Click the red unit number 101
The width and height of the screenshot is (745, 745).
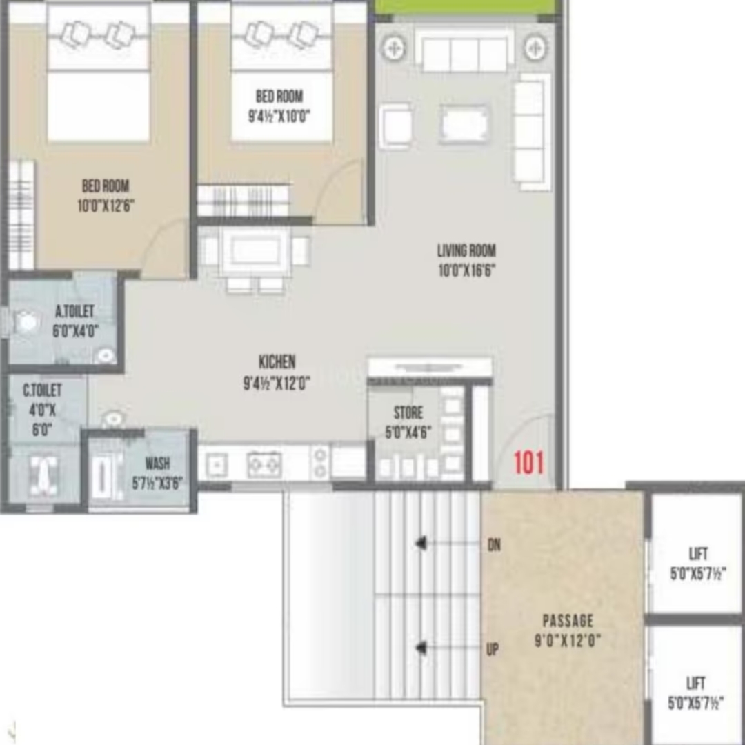click(x=529, y=463)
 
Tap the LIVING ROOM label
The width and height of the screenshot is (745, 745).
click(x=466, y=250)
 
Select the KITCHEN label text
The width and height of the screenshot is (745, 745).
click(x=277, y=362)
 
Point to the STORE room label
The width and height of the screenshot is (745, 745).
click(x=408, y=413)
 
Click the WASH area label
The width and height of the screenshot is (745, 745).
click(x=157, y=464)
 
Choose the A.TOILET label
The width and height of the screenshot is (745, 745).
click(x=74, y=311)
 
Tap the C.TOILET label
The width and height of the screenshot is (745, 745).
click(x=42, y=390)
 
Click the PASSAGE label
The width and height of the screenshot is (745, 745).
click(x=568, y=621)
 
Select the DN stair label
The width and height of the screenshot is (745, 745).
click(x=494, y=544)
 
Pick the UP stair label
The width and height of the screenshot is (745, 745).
click(x=493, y=649)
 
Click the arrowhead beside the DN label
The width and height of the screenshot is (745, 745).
click(x=421, y=543)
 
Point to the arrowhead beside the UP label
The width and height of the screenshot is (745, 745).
click(x=421, y=648)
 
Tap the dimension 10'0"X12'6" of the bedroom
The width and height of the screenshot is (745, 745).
click(x=106, y=206)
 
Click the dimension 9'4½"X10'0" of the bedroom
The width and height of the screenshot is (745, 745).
click(x=279, y=116)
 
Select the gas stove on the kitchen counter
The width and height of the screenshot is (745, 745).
click(x=264, y=464)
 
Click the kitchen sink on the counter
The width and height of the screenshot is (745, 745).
click(x=217, y=465)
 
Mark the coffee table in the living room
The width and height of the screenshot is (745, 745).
click(x=464, y=124)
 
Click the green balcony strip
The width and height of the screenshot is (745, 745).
click(x=466, y=7)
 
